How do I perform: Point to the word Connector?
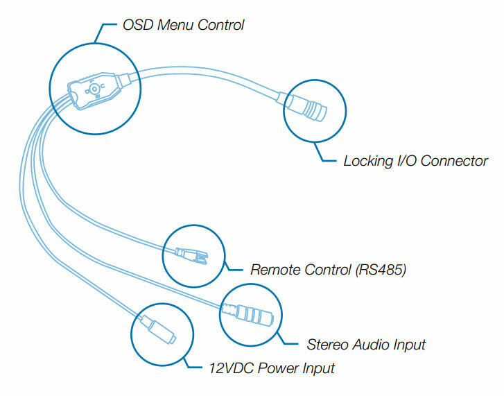454,161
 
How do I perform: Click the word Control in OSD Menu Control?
220,26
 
